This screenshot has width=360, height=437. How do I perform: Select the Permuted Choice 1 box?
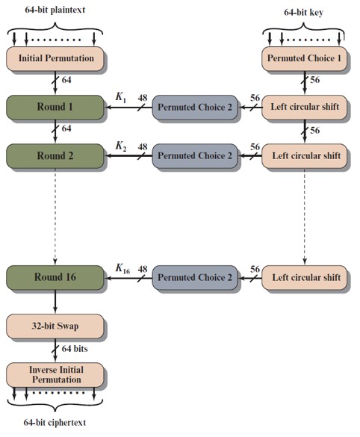click(x=304, y=58)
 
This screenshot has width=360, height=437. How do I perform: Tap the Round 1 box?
click(x=55, y=108)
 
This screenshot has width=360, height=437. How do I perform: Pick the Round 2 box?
click(x=55, y=156)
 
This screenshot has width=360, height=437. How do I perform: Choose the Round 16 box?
click(x=55, y=278)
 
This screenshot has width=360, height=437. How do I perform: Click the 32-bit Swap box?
click(x=55, y=326)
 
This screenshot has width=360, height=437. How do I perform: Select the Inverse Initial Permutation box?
click(x=55, y=375)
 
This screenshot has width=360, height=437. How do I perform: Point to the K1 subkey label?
click(x=121, y=97)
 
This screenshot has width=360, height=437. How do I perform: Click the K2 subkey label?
click(x=121, y=146)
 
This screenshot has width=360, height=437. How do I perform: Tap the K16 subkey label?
click(x=122, y=269)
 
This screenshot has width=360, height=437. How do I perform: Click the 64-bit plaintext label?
click(x=55, y=10)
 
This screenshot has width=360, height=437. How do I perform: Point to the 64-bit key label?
click(x=304, y=13)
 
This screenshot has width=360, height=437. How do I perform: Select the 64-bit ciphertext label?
click(x=55, y=423)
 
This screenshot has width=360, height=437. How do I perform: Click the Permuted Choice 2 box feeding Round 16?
click(x=195, y=278)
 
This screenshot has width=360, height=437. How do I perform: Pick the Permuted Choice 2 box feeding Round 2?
click(x=195, y=156)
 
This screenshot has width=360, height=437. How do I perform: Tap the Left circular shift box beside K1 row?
click(x=304, y=108)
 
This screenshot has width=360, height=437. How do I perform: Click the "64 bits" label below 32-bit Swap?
click(x=75, y=349)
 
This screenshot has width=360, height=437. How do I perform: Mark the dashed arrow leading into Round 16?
click(x=55, y=217)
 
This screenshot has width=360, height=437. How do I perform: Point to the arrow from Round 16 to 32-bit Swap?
click(x=55, y=302)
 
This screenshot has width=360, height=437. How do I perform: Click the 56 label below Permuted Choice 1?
click(x=315, y=80)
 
